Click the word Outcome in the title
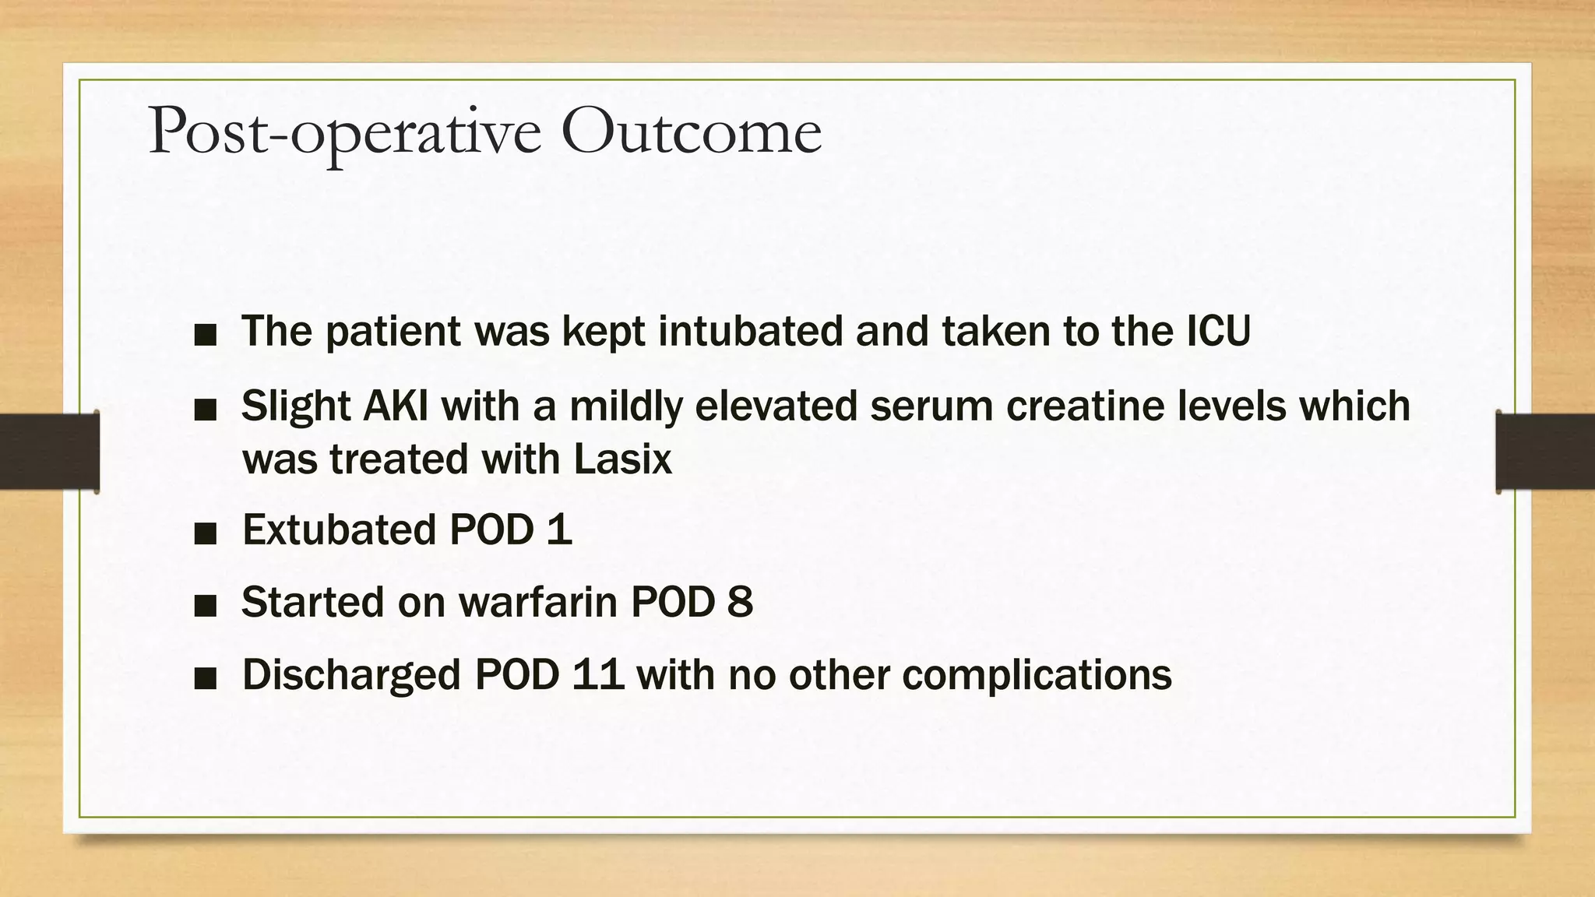point(691,131)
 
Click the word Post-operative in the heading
point(343,132)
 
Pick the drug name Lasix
point(622,459)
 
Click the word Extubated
point(339,529)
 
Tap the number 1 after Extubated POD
point(559,529)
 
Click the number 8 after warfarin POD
point(740,602)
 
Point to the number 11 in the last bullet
point(597,674)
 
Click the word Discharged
point(351,674)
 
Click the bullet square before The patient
point(206,336)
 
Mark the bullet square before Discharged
point(206,679)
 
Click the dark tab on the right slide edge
point(1545,452)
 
